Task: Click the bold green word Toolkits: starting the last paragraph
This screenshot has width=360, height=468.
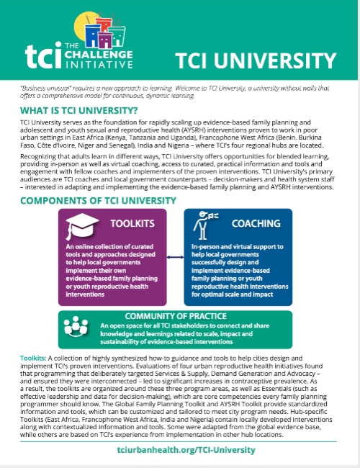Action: pos(34,356)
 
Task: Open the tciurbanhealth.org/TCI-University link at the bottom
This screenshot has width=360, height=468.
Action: pos(179,449)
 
